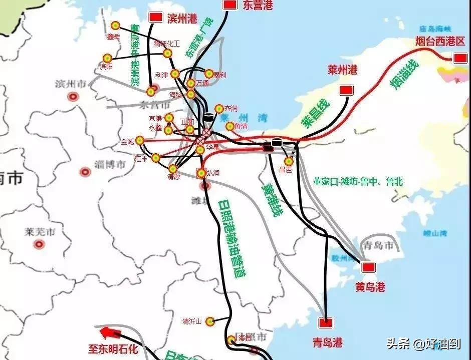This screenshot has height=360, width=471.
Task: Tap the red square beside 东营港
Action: (230, 5)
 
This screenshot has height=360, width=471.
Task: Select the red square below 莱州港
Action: (345, 90)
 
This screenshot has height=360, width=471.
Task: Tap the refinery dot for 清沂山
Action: (210, 321)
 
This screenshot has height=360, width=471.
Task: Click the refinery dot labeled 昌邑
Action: (288, 161)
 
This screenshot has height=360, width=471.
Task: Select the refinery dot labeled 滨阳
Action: (107, 59)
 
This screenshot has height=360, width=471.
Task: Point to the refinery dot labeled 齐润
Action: (219, 108)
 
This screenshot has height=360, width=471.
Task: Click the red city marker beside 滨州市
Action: (74, 97)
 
